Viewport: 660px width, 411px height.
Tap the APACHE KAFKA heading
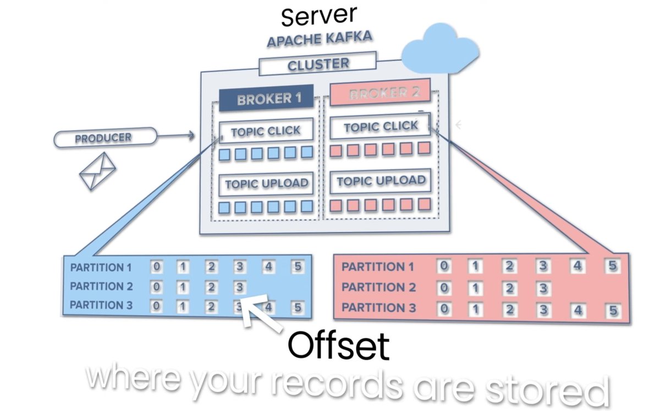pyautogui.click(x=319, y=40)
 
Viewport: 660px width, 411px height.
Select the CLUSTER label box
pyautogui.click(x=318, y=64)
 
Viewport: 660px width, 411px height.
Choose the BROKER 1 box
pyautogui.click(x=266, y=99)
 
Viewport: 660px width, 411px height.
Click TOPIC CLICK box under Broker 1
pyautogui.click(x=266, y=131)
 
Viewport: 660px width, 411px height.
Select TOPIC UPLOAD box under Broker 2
pyautogui.click(x=381, y=181)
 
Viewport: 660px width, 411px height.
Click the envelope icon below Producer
pyautogui.click(x=98, y=171)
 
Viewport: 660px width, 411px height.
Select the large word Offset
pyautogui.click(x=338, y=346)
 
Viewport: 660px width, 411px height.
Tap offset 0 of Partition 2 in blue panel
pyautogui.click(x=157, y=287)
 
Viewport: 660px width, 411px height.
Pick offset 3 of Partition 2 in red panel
pyautogui.click(x=543, y=288)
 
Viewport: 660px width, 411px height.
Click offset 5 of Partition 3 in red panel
pyautogui.click(x=612, y=310)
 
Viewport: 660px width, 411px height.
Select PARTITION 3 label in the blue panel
pyautogui.click(x=101, y=305)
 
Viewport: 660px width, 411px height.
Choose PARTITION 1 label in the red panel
pyautogui.click(x=377, y=267)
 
